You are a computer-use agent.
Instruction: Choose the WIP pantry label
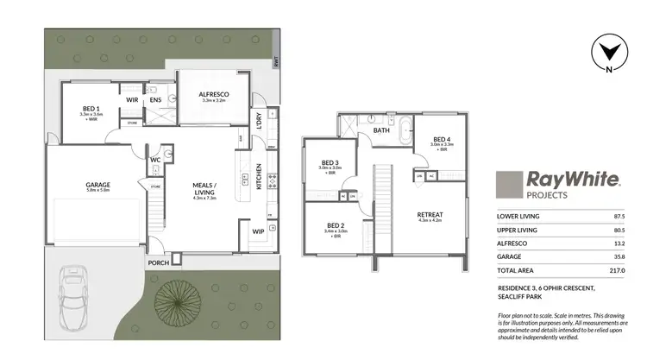pyautogui.click(x=258, y=231)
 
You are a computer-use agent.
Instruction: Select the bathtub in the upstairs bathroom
pyautogui.click(x=405, y=132)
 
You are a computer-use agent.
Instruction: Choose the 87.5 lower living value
pyautogui.click(x=616, y=217)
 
